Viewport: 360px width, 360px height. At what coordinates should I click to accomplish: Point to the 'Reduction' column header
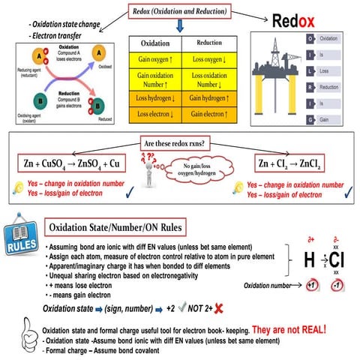tap(203, 43)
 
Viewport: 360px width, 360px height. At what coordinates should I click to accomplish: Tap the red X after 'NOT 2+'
tap(217, 307)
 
